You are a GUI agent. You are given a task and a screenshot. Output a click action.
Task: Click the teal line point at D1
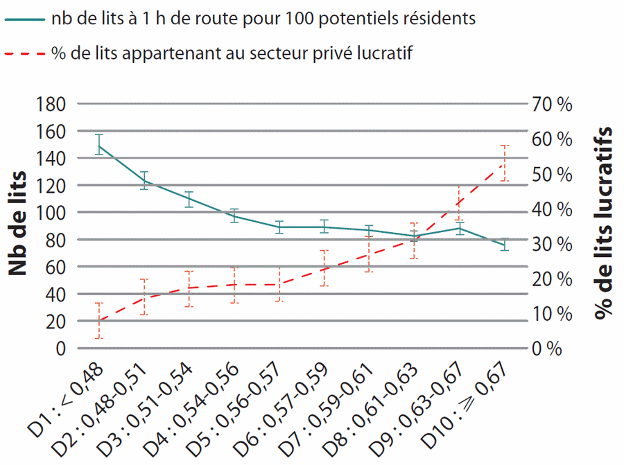tap(99, 146)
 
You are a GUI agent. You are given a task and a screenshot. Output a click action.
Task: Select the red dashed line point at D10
tap(504, 164)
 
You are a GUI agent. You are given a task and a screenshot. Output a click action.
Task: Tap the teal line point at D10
tap(504, 245)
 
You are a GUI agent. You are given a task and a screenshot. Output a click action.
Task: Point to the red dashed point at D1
tap(99, 321)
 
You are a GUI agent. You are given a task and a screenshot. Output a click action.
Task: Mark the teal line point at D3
tap(189, 199)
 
